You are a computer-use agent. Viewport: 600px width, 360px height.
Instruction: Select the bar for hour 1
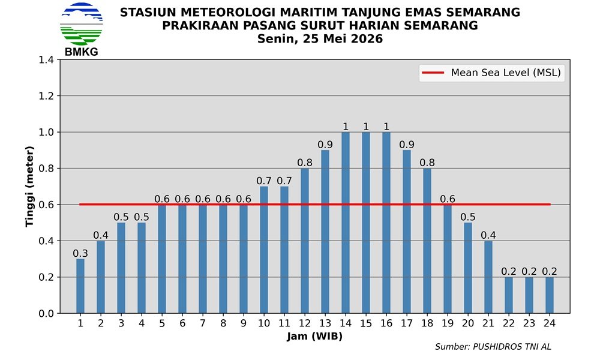(80, 286)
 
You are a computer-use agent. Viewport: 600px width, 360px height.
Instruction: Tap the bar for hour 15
(366, 222)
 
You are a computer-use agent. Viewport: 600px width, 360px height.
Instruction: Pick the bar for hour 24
(550, 295)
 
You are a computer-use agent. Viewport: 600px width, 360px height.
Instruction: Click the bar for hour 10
(264, 250)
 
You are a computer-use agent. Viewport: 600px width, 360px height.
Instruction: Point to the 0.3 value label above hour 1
(80, 253)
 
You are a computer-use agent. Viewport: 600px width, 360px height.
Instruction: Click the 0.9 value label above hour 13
(325, 145)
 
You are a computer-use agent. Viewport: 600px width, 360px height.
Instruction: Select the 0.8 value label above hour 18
(427, 163)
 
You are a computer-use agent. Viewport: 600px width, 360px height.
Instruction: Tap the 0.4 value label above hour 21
(488, 235)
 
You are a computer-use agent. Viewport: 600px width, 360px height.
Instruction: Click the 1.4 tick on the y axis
(46, 59)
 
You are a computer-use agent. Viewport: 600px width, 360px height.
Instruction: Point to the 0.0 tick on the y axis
(46, 313)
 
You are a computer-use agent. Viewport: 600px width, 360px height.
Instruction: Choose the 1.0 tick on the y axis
(46, 132)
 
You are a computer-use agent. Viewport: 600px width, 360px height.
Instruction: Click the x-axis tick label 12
(305, 323)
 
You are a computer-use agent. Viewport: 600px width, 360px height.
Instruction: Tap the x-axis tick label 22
(509, 323)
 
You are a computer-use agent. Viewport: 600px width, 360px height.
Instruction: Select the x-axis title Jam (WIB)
(314, 336)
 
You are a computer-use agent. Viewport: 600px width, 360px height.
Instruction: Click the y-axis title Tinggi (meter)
(29, 187)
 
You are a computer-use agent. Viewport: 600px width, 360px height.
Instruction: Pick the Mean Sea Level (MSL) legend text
(506, 73)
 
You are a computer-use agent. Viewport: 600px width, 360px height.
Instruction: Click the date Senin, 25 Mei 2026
(320, 38)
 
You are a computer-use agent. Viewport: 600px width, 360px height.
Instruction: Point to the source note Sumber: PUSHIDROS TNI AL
(493, 347)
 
